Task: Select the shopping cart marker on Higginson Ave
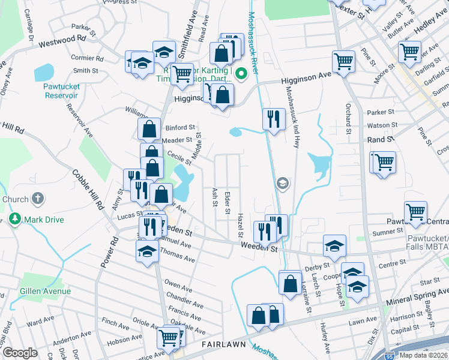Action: pos(343,61)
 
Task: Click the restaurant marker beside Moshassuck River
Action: pos(273,118)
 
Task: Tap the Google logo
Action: pos(20,353)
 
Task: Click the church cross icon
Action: pos(37,199)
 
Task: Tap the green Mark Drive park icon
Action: pos(14,220)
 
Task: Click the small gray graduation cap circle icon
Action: pos(282,183)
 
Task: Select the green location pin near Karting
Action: pos(241,74)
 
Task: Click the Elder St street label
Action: pos(228,202)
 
